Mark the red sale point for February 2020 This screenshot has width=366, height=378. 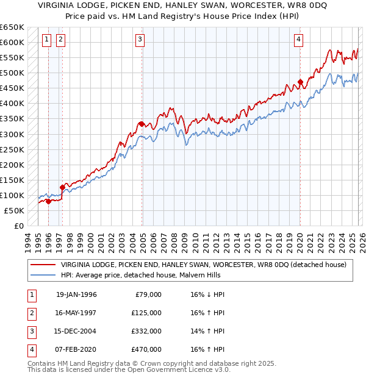(300, 82)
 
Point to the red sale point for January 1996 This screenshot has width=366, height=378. (48, 201)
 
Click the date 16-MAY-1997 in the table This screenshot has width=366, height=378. (76, 313)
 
